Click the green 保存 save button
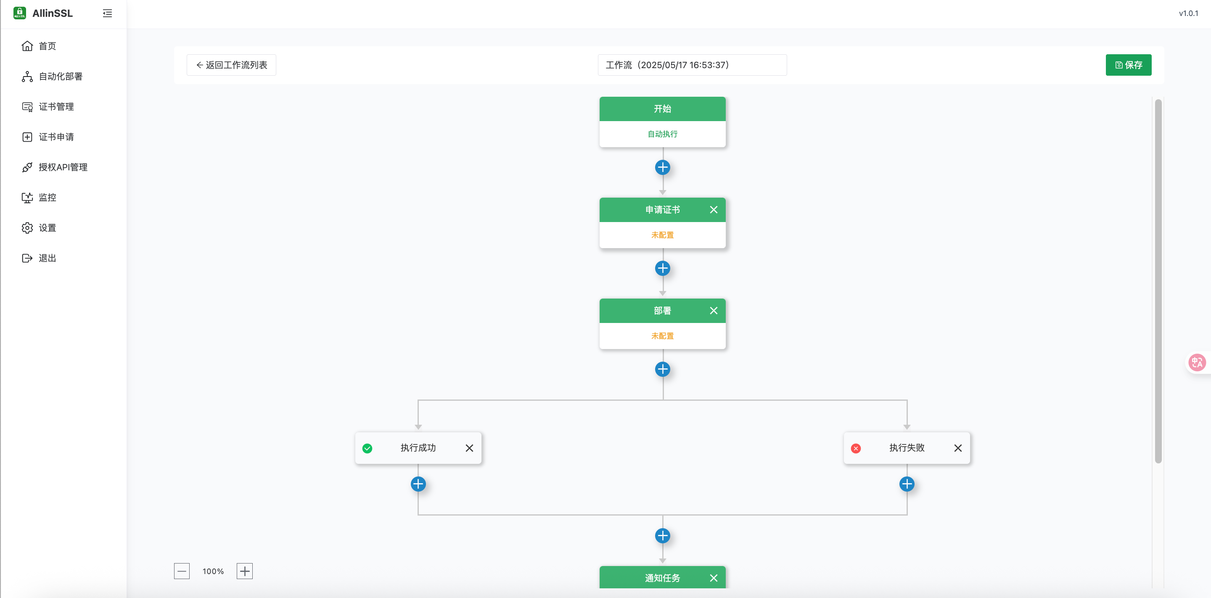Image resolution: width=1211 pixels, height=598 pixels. tap(1128, 65)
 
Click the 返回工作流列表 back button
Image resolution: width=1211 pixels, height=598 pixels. tap(231, 65)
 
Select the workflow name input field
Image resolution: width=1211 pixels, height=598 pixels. tap(692, 65)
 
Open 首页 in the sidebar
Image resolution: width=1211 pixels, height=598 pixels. tap(47, 46)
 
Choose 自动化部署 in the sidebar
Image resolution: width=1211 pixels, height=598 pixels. tap(60, 76)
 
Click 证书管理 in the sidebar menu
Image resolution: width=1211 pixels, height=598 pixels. tap(56, 107)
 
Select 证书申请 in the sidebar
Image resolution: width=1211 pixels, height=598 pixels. tap(56, 137)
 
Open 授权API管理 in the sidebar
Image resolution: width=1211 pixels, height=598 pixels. tap(63, 167)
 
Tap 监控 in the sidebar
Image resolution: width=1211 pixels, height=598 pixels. tap(47, 198)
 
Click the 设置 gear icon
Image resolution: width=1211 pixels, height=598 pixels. tap(27, 228)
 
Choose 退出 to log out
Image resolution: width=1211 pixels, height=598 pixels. tap(47, 258)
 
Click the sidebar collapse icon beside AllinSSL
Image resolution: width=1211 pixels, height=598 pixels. tap(107, 13)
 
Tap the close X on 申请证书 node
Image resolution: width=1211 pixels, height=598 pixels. tap(713, 210)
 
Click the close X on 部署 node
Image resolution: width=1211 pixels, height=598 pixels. tap(713, 311)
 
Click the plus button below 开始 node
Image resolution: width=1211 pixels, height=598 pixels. tap(662, 167)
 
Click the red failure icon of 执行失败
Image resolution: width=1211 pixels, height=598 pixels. tap(856, 448)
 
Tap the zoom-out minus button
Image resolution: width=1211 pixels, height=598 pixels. tap(182, 571)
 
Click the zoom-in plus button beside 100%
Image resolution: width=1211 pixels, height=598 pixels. tap(244, 571)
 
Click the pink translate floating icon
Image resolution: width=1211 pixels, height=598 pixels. tap(1196, 363)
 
